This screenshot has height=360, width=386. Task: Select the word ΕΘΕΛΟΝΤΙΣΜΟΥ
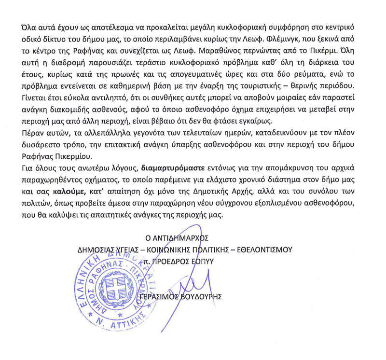(260, 249)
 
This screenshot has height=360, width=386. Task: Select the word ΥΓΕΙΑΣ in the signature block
(115, 249)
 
